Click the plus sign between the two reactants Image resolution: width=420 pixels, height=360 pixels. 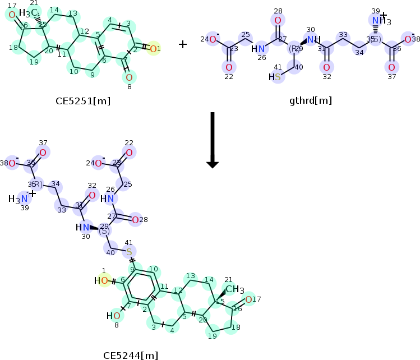[x=183, y=44]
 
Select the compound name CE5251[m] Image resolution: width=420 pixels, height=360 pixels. [x=83, y=101]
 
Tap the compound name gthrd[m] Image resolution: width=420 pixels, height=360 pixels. [x=311, y=101]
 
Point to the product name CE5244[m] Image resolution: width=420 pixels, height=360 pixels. [x=131, y=355]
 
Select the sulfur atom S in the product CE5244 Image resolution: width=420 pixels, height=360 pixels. [x=129, y=252]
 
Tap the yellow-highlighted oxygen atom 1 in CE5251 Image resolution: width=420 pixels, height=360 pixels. [x=152, y=49]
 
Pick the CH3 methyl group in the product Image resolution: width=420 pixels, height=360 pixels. [x=234, y=289]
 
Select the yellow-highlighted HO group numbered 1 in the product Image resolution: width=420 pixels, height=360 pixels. [x=101, y=280]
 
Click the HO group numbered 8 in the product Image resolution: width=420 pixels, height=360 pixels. [x=113, y=316]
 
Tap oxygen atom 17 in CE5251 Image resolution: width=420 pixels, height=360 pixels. [x=12, y=15]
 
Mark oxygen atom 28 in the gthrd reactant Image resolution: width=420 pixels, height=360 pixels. [x=278, y=21]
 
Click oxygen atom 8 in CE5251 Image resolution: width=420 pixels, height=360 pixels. [x=129, y=77]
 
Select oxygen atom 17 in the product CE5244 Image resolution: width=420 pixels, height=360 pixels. [x=248, y=299]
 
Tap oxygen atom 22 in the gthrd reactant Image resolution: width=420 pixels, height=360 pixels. [x=229, y=67]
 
